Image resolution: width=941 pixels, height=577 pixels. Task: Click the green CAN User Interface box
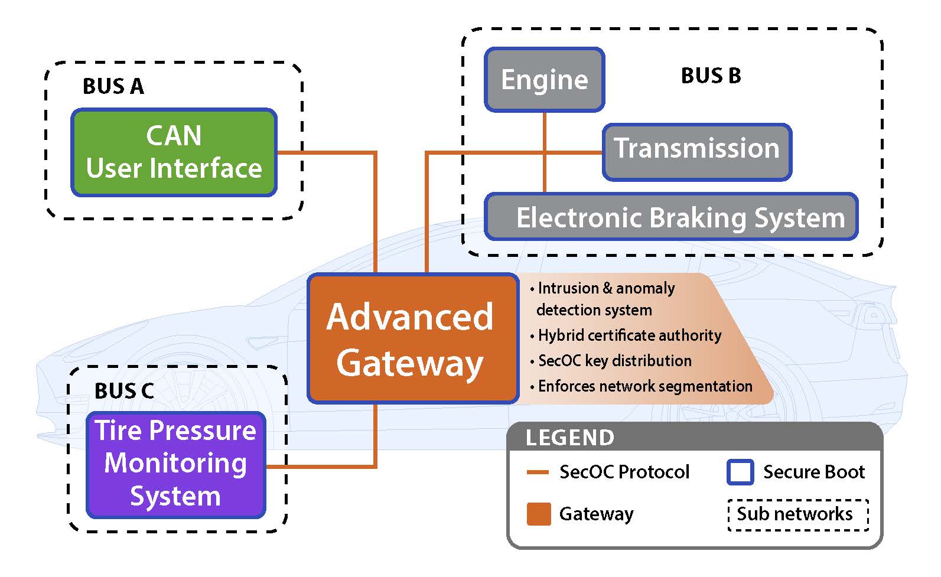click(x=174, y=152)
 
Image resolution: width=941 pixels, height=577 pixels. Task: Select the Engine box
click(x=544, y=80)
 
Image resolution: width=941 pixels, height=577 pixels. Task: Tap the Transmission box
click(x=696, y=152)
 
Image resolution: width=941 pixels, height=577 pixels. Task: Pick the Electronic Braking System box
click(x=671, y=217)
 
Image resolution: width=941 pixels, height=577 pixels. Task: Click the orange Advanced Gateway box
click(x=412, y=338)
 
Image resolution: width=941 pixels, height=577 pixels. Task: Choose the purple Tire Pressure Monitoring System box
click(x=175, y=464)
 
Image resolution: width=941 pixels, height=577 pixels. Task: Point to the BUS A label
click(x=113, y=86)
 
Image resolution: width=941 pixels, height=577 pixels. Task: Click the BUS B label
click(x=711, y=76)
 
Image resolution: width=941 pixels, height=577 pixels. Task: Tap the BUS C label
click(x=124, y=391)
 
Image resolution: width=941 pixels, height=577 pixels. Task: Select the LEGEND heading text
click(x=570, y=438)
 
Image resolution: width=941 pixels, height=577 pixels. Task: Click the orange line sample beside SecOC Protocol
click(x=538, y=472)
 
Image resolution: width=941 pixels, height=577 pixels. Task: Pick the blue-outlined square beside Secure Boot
click(x=740, y=472)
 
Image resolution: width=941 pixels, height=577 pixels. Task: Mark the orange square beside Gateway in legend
click(x=539, y=514)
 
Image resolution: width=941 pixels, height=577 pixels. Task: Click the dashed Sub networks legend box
click(x=798, y=514)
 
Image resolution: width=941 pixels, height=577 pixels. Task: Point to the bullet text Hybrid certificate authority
click(x=630, y=335)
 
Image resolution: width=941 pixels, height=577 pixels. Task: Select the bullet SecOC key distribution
click(x=615, y=361)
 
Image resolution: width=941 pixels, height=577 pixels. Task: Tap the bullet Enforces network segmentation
click(x=645, y=386)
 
